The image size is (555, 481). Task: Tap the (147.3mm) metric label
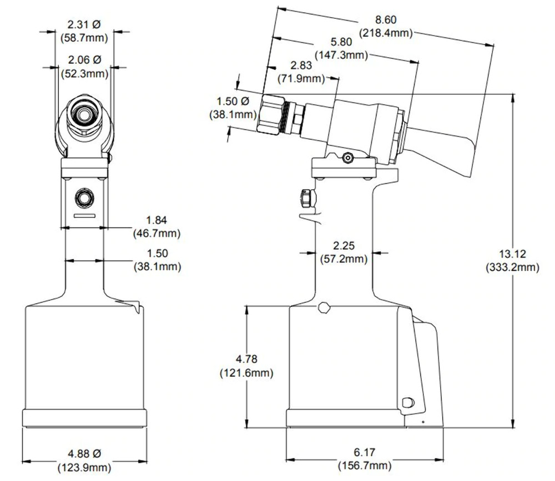point(341,54)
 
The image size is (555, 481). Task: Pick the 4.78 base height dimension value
point(245,360)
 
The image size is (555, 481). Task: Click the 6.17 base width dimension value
point(364,453)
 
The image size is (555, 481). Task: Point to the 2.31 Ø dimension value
point(84,25)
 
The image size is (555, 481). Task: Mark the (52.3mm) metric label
point(84,73)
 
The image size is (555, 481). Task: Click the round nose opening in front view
point(84,115)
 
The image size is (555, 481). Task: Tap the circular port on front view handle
point(84,197)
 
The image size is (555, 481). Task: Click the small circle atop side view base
point(325,307)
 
